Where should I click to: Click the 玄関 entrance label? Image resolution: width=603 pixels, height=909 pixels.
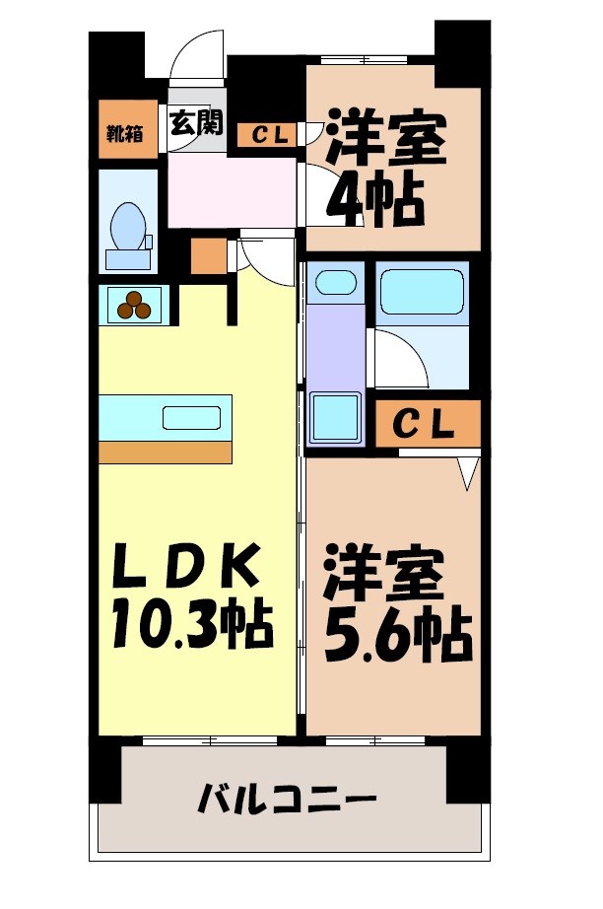coord(196,124)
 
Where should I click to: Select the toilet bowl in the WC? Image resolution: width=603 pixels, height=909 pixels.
coord(127,228)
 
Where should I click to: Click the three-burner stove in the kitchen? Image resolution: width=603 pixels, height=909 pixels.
coord(135,305)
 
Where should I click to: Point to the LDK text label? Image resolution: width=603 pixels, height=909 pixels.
coord(186,569)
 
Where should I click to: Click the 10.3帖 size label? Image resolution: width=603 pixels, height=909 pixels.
coord(191,623)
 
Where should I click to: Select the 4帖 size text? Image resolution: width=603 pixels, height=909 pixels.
coord(375,199)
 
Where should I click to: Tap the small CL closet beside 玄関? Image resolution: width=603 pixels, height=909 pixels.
coord(269,135)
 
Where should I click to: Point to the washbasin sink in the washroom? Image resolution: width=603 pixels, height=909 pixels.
coord(335,282)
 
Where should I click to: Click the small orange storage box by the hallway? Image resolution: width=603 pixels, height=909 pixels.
coord(208,256)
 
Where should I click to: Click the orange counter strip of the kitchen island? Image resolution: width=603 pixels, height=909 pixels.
coord(165,452)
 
